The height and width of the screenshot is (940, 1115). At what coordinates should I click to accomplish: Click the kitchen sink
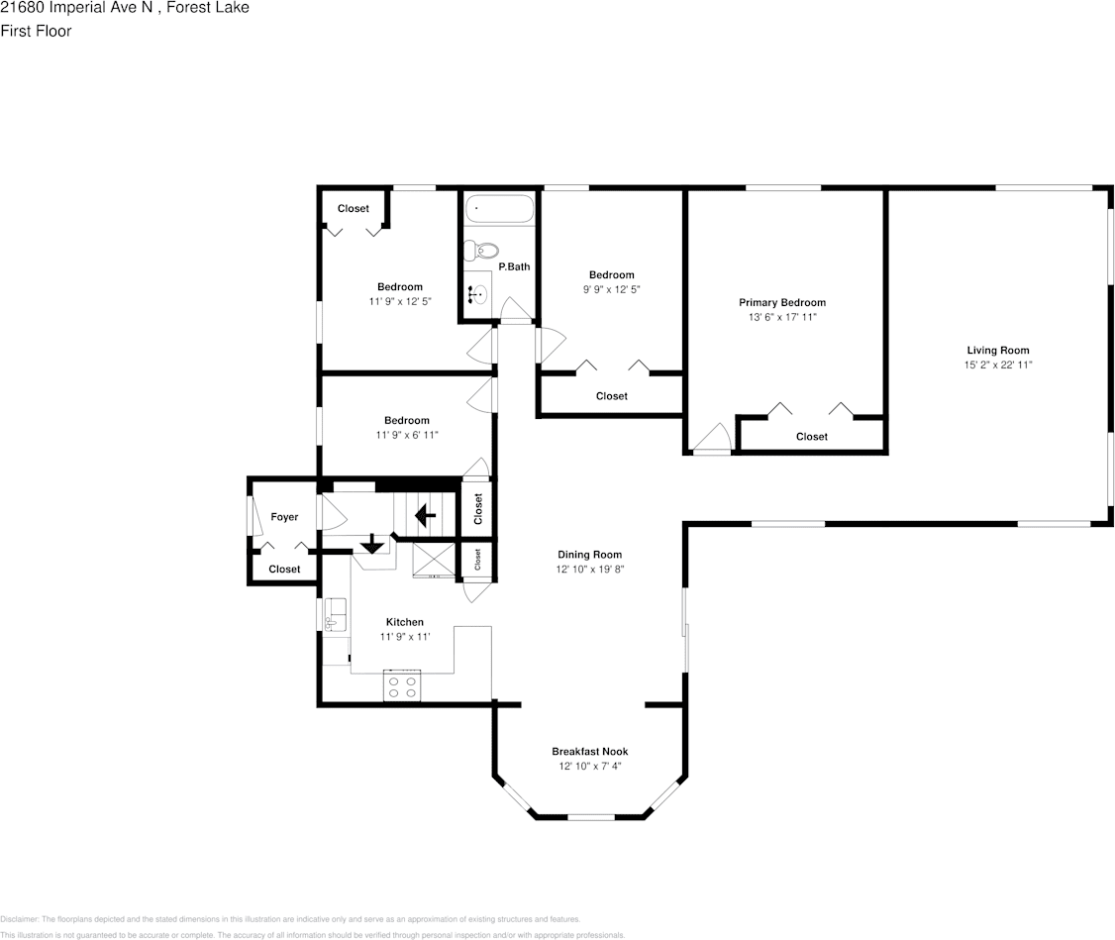pos(335,615)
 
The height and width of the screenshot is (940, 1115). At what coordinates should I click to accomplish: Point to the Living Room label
pos(998,350)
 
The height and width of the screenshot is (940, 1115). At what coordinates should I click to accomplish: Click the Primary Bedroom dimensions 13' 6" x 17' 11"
pos(782,317)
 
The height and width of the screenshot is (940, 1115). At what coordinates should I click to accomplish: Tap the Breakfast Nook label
pos(590,752)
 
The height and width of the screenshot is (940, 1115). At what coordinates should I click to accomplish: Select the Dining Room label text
pos(590,555)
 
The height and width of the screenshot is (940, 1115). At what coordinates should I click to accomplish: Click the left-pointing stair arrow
pos(426,515)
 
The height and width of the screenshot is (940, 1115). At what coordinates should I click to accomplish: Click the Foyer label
pos(284,517)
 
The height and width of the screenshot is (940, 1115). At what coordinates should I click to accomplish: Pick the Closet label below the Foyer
pos(284,570)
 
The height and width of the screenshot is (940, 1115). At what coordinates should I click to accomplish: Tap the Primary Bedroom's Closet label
pos(812,437)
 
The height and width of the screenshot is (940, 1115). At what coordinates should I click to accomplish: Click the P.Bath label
pos(514,266)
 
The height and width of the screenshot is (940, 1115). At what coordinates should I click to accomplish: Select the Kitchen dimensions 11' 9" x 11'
pos(405,637)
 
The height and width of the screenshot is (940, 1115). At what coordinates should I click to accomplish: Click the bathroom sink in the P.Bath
pos(478,293)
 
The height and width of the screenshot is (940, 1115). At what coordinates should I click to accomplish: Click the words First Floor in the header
pos(36,31)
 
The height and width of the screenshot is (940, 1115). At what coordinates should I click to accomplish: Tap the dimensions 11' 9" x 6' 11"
pos(407,435)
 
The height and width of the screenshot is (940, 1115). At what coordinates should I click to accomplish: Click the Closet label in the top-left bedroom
pos(354,209)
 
